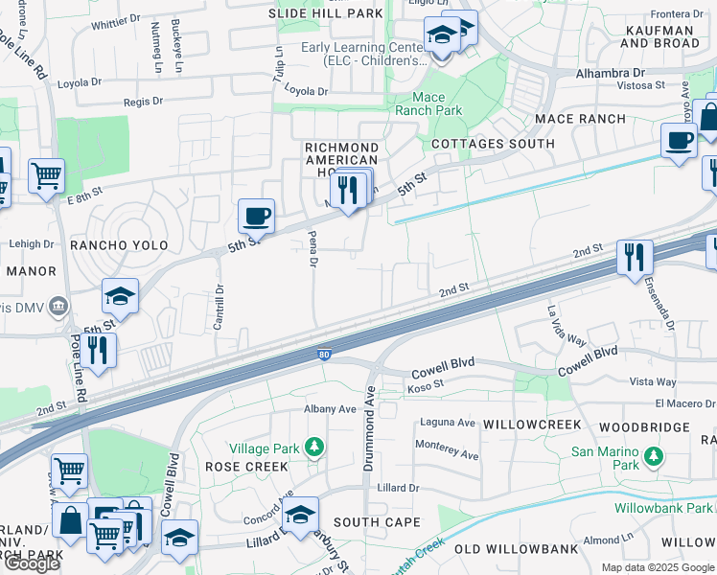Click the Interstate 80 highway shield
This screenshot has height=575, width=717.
[325, 355]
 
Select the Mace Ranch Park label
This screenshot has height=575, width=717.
[428, 103]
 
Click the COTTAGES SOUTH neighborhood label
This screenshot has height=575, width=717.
[493, 144]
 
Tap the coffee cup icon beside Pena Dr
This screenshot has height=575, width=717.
[256, 216]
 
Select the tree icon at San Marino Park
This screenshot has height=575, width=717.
[654, 455]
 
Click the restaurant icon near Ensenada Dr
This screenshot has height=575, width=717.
[635, 257]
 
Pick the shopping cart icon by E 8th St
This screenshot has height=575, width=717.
[46, 176]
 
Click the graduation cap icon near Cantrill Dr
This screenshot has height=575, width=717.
[121, 295]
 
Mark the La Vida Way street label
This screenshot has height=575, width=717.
[566, 325]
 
